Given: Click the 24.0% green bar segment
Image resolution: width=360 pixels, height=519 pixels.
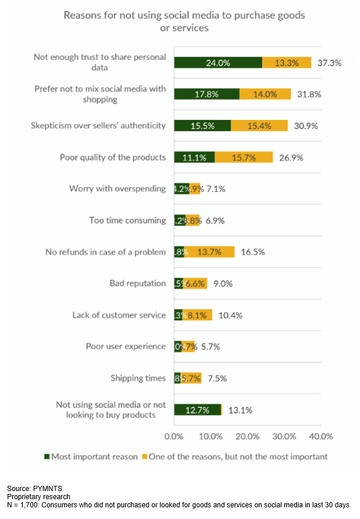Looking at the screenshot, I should pos(218,62).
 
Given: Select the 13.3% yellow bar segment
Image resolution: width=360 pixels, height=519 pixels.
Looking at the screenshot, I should pos(287,62).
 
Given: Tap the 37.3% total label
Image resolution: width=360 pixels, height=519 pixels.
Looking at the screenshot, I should pos(330,62).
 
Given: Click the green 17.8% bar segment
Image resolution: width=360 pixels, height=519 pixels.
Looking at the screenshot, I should pos(207,94).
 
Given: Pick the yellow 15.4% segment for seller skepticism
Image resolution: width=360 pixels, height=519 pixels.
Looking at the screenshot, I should pos(259,125).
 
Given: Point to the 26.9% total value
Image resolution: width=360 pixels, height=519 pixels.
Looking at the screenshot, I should pos(290,157).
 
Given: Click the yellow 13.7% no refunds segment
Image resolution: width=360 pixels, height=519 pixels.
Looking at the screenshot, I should pos(210,252).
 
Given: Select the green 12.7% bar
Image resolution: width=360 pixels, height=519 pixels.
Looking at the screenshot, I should pos(197,409).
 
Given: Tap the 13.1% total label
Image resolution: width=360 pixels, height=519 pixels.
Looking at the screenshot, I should pos(240,409).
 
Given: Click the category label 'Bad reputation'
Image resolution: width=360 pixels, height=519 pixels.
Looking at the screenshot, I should pos(137,283).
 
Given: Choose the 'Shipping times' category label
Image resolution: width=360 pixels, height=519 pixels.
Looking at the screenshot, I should pos(138,378).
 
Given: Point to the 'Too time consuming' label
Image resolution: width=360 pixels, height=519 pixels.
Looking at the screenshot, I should pos(128,220).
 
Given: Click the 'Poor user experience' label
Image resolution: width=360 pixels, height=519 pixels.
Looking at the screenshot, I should pos(126,346).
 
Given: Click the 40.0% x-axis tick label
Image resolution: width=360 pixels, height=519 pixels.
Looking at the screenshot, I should pos(320,436).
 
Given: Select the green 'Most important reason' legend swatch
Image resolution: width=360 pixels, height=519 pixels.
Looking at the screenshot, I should pos(47,457).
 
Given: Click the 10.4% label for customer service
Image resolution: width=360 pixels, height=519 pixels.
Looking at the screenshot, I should pos(231,315).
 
